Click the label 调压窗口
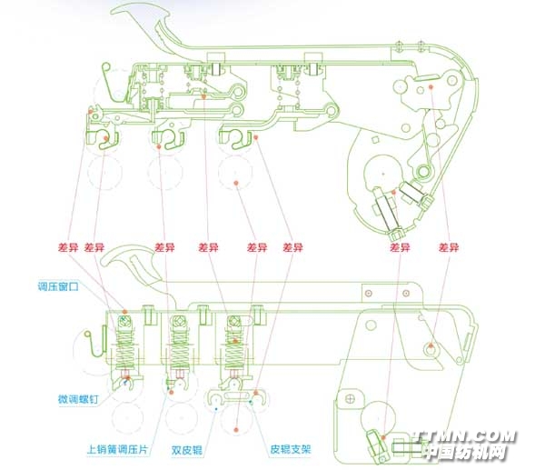click(x=58, y=285)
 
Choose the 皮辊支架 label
click(x=290, y=448)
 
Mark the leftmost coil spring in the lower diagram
click(x=128, y=345)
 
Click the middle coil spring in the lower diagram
click(x=183, y=345)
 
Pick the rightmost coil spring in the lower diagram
click(x=236, y=345)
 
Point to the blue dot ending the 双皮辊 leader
click(x=214, y=409)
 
